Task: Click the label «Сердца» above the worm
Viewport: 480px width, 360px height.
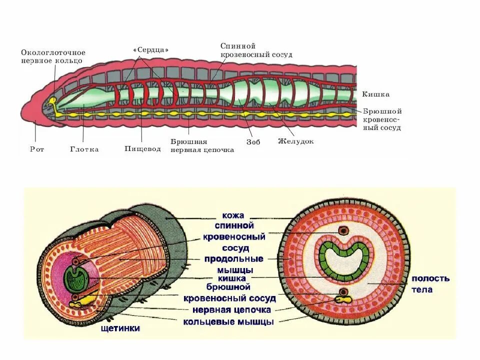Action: [151, 50]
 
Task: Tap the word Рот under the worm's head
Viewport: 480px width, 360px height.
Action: [37, 149]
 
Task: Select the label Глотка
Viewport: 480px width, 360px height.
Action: [84, 149]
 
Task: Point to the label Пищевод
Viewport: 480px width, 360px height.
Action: [142, 149]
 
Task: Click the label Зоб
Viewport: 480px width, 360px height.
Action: [253, 141]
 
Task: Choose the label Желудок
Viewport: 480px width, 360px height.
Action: [296, 141]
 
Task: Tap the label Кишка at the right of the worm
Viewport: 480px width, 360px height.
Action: [376, 94]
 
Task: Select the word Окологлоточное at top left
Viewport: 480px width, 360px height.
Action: [53, 52]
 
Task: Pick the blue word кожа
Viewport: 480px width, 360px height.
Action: [233, 215]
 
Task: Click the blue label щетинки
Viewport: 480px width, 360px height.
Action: [120, 328]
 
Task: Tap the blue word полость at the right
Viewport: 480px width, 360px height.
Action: [430, 278]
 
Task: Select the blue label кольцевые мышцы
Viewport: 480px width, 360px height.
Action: [228, 321]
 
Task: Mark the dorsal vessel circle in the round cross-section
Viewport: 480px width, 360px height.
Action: [343, 230]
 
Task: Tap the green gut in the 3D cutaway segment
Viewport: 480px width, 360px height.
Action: [74, 278]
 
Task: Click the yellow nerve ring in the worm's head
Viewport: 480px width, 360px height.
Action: [52, 101]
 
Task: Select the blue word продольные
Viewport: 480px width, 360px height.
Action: [233, 259]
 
